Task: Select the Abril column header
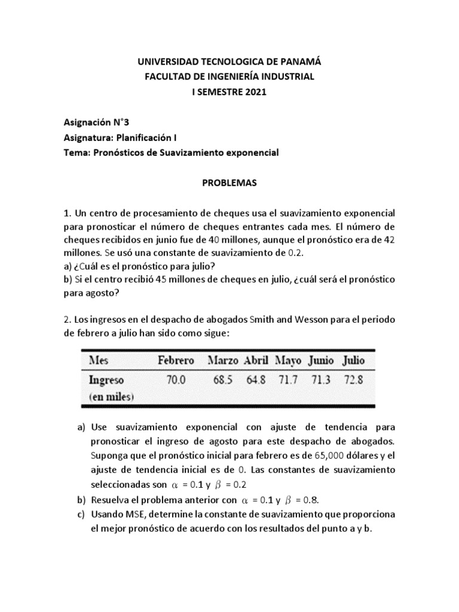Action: coord(255,360)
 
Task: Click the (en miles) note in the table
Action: coord(112,396)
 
